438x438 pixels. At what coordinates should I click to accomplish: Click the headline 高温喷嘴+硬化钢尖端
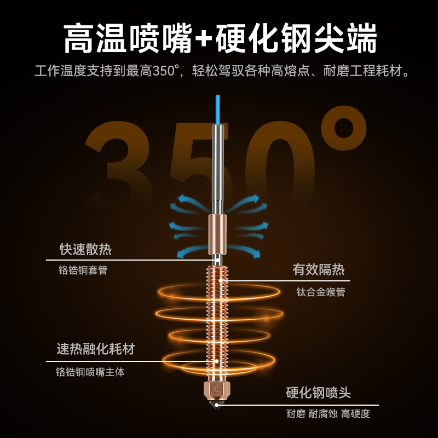(219, 38)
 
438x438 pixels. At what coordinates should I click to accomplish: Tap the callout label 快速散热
(85, 250)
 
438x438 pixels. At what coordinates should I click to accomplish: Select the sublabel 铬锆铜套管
(83, 270)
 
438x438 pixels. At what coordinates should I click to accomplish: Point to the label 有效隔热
(319, 269)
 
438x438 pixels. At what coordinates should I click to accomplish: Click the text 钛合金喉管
(321, 292)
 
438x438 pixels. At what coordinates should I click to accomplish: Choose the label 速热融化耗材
(95, 349)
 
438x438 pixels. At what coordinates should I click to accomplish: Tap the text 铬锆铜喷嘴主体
(90, 372)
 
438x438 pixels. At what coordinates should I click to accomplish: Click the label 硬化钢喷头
(319, 393)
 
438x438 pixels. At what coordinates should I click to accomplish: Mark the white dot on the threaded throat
(221, 281)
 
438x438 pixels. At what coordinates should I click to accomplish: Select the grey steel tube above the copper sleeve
(217, 164)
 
